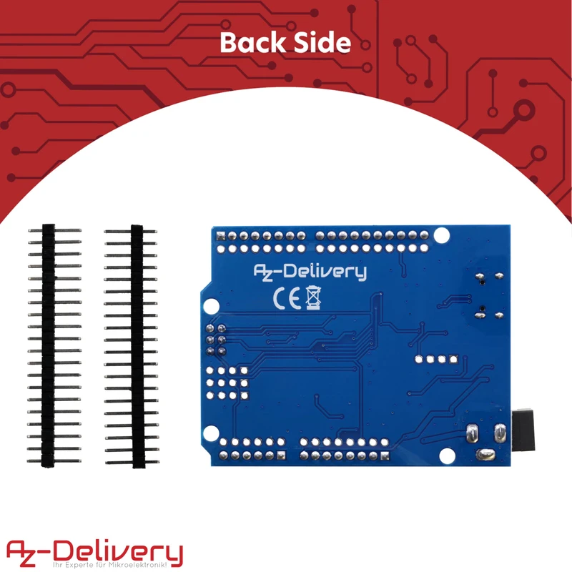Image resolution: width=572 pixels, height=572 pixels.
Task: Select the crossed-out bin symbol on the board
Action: click(313, 297)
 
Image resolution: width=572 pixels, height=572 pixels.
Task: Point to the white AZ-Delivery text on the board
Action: click(311, 272)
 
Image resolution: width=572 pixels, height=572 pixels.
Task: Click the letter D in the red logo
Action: click(71, 551)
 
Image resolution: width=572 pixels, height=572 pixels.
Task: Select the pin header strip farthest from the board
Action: click(49, 346)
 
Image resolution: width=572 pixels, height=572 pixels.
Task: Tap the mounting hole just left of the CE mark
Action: click(209, 305)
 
